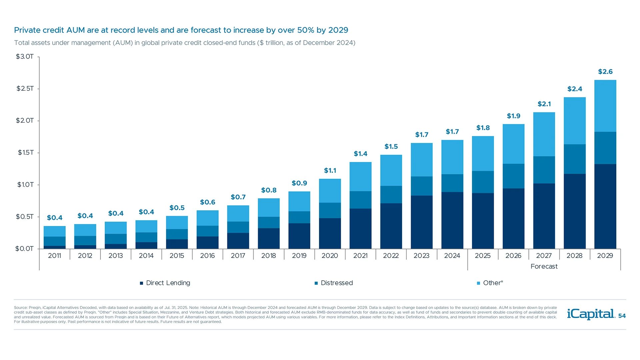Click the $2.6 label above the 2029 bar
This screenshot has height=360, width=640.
coord(605,72)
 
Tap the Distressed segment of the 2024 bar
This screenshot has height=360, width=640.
coord(452,183)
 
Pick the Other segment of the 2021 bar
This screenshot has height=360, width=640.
coord(360,177)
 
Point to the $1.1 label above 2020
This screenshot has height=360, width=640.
coord(330,171)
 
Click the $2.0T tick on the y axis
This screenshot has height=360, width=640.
coord(25,121)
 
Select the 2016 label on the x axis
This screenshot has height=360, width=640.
coord(207,256)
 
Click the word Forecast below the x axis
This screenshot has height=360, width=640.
coord(544,266)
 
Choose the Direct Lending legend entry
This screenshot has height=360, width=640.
coord(168,283)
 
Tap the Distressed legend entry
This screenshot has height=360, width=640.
coord(336,283)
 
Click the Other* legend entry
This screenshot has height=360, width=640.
coord(493,283)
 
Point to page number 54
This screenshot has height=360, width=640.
coord(622,316)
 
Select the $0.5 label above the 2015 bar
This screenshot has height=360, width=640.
coord(177,208)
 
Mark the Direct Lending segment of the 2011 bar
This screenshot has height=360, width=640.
coord(55,247)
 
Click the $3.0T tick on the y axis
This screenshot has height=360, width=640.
coord(25,57)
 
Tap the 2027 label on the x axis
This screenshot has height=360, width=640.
coord(544,256)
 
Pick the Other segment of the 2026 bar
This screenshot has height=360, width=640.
coord(513,144)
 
